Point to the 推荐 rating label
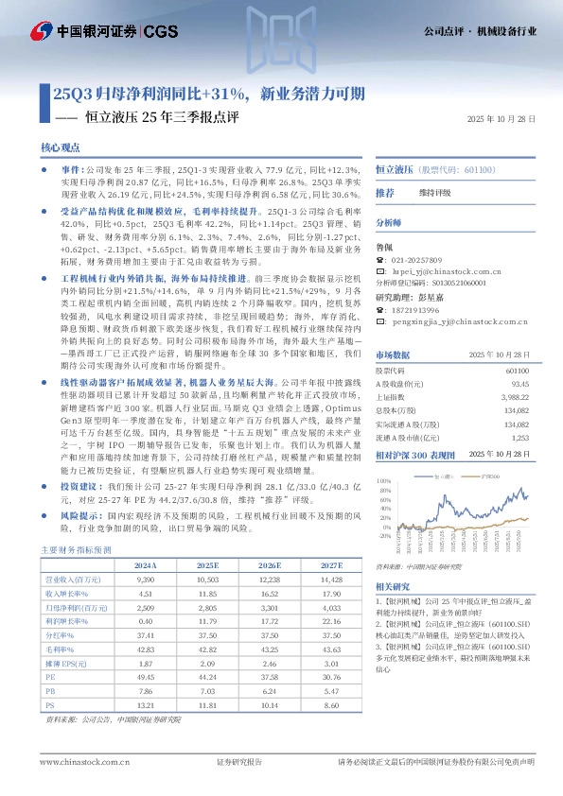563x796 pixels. pyautogui.click(x=385, y=192)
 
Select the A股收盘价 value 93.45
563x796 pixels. pyautogui.click(x=517, y=411)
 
